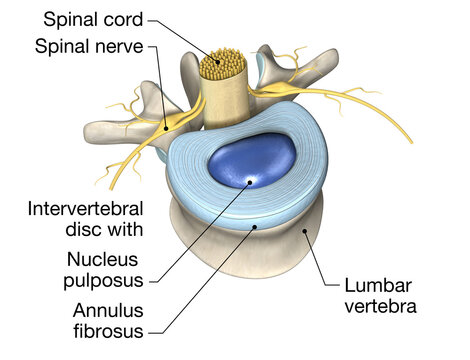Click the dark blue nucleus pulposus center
point(245,160)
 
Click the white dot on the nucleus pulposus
point(250,182)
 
